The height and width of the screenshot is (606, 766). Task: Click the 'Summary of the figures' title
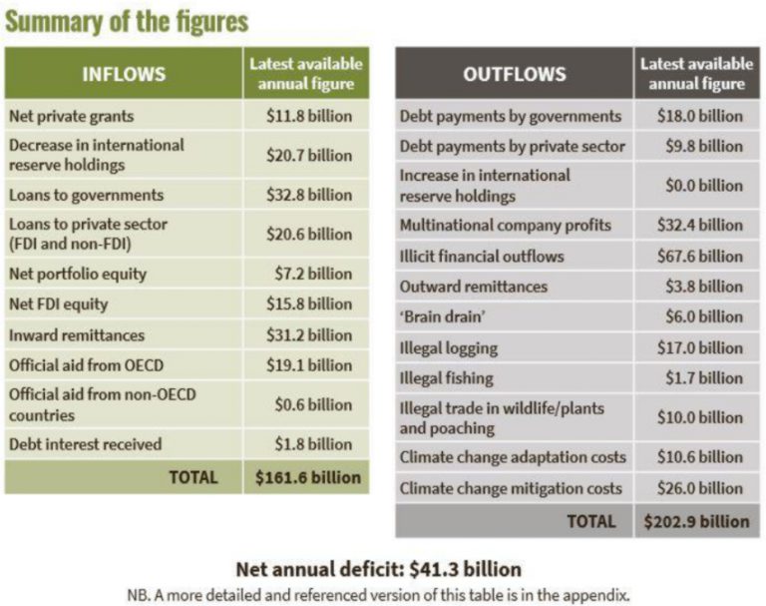tap(127, 21)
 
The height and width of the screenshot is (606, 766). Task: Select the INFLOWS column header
tap(124, 74)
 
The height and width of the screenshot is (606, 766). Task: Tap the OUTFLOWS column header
tap(514, 74)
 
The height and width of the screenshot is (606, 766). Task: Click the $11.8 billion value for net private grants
tap(309, 116)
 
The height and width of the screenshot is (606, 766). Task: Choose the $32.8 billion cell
tap(309, 195)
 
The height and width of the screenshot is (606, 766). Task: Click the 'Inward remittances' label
tap(77, 334)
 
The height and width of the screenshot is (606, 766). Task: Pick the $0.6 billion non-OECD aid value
tap(313, 404)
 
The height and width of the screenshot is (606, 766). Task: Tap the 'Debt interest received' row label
tap(85, 444)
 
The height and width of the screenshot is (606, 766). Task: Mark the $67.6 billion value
tap(699, 256)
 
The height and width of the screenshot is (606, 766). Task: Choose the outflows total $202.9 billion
tap(697, 521)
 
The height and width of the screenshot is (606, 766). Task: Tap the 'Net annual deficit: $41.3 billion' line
tap(378, 570)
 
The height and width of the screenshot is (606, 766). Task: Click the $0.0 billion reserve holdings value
tap(703, 185)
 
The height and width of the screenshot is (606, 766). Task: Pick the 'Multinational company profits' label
tap(506, 225)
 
